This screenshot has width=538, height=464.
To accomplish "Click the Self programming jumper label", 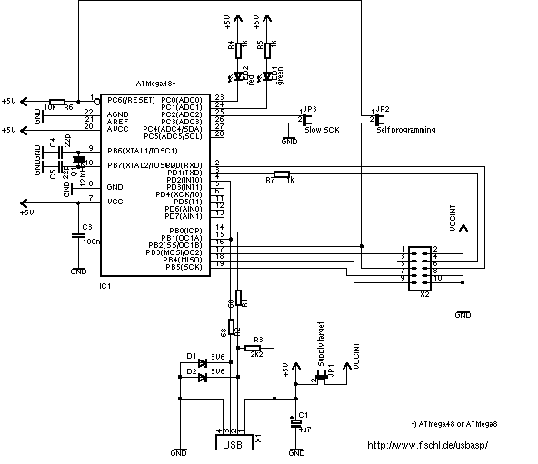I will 405,130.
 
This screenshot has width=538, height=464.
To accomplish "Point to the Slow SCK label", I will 323,130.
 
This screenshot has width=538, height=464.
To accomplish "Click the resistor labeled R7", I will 282,173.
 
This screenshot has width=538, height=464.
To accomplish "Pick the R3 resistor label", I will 259,338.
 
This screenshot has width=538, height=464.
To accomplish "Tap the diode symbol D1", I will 201,363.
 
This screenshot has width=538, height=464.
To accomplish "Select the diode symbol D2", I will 201,378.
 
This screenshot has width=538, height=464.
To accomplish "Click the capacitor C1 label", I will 303,414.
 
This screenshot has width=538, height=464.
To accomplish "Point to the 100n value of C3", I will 90,242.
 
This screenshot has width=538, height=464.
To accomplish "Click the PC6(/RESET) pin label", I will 132,99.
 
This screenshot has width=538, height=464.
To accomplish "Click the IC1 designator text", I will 105,286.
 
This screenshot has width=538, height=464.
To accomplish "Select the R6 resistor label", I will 68,106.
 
